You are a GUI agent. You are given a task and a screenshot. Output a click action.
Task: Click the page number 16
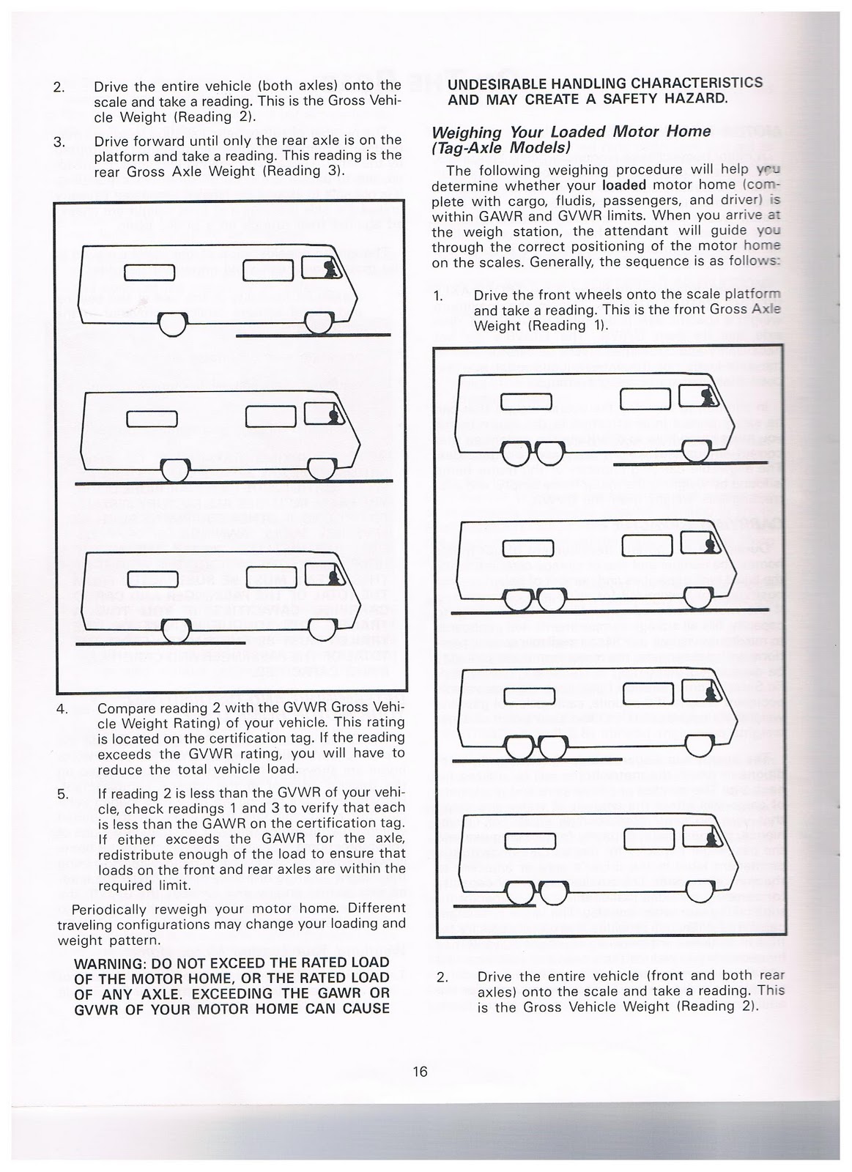point(419,1071)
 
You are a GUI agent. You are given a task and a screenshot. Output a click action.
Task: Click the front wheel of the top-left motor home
point(319,322)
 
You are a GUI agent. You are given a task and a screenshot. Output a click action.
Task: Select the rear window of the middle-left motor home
point(149,419)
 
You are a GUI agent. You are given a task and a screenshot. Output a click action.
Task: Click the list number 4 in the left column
point(62,709)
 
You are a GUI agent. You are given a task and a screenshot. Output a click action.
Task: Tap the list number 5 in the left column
point(62,793)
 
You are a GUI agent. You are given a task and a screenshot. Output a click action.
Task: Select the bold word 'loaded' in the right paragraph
point(623,185)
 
